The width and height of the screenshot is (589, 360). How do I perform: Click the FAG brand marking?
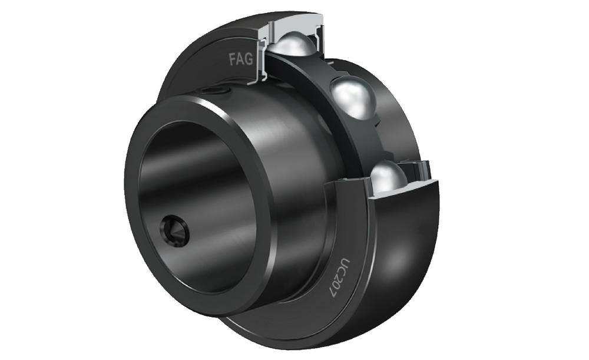pyautogui.click(x=241, y=60)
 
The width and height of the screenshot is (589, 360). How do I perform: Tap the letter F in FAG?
pyautogui.click(x=233, y=59)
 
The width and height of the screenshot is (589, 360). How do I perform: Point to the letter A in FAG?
pyautogui.click(x=240, y=60)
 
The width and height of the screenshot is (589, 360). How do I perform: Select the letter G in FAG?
pyautogui.click(x=249, y=60)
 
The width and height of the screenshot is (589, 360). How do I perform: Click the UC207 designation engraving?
pyautogui.click(x=339, y=278)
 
